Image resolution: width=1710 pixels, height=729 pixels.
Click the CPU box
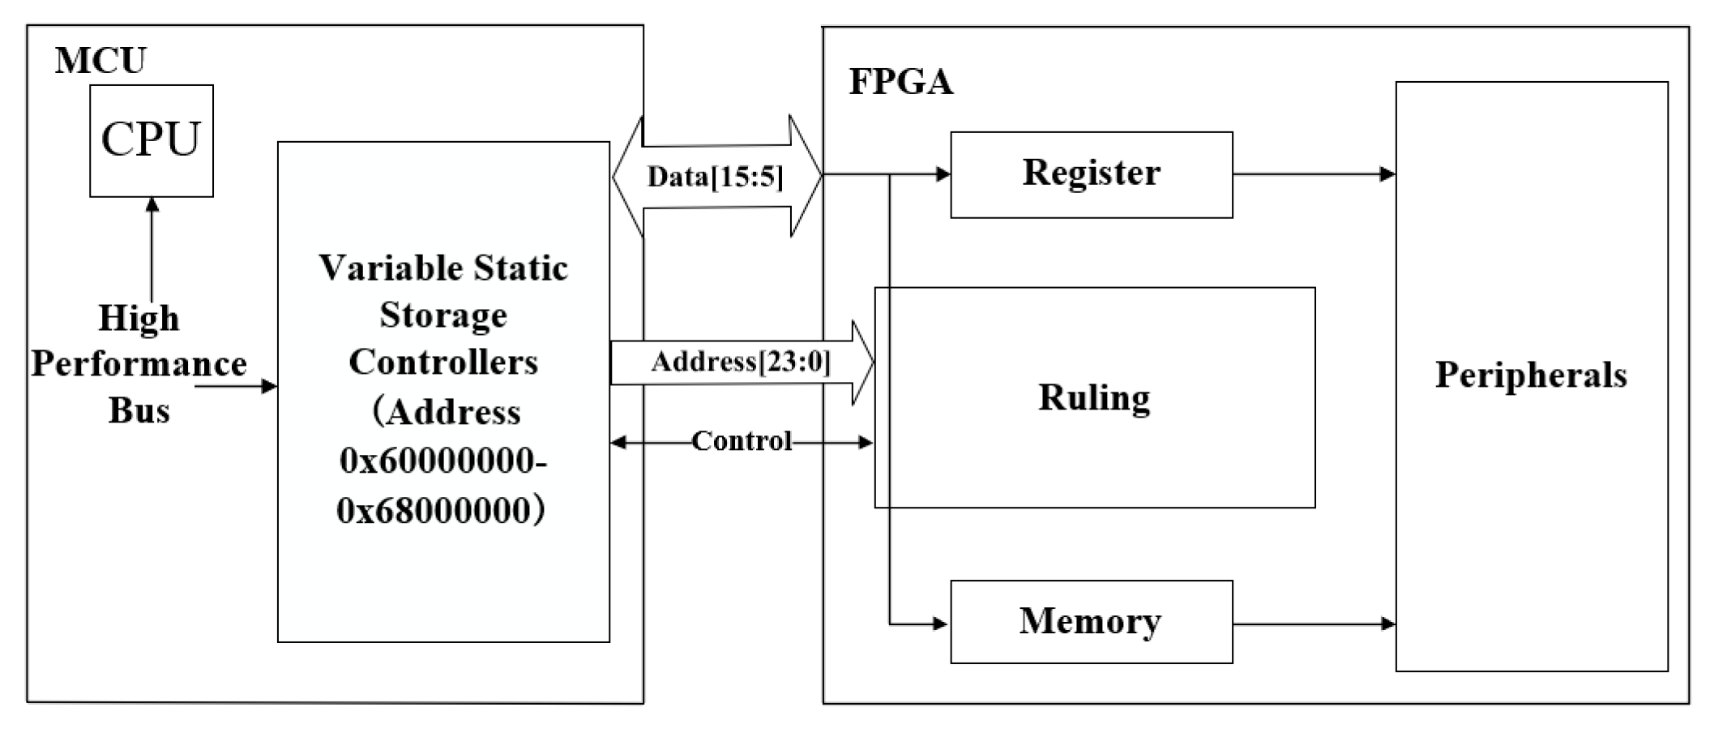[x=151, y=140]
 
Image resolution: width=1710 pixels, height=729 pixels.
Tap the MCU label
[x=100, y=61]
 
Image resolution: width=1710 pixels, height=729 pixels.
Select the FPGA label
[x=900, y=82]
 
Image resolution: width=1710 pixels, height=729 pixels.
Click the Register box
[x=1091, y=174]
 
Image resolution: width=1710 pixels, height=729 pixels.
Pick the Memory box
[x=1091, y=622]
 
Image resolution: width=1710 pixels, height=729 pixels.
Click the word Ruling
[x=1094, y=398]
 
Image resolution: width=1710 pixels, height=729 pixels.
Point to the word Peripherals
[x=1530, y=375]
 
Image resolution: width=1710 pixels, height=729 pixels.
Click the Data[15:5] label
[x=715, y=177]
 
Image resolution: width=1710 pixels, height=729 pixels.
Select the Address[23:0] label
[x=741, y=362]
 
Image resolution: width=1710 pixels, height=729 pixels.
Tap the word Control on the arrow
[x=741, y=441]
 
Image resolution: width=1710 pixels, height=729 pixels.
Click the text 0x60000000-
[x=442, y=461]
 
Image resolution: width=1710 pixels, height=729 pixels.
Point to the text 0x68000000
[x=434, y=511]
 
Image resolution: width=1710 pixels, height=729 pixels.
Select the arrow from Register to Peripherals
[x=1313, y=174]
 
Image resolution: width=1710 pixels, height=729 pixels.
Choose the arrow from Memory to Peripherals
[x=1313, y=624]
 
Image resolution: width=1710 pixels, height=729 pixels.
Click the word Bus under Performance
[x=139, y=410]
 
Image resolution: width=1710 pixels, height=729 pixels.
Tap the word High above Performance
[x=139, y=318]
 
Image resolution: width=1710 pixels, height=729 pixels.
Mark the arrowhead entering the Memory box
[x=940, y=624]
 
